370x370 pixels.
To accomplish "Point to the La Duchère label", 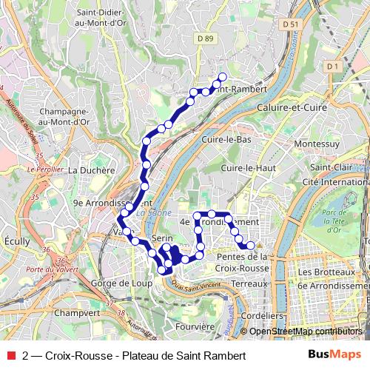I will click(92, 169).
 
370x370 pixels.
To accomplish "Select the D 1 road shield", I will click(332, 67).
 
